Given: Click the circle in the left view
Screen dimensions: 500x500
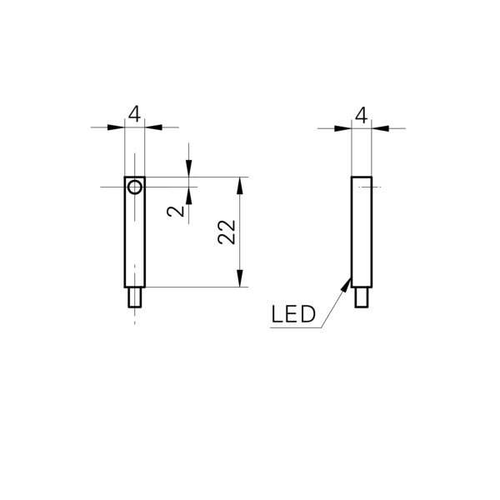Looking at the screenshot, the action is (x=129, y=187).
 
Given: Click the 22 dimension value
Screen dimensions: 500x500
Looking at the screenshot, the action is (x=227, y=232).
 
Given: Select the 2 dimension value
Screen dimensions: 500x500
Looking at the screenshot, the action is (x=176, y=211).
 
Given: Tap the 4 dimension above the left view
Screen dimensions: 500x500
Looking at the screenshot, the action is (x=134, y=114).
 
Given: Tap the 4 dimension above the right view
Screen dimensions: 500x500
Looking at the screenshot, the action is (x=362, y=116).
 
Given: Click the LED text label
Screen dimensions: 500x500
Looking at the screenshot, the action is (x=293, y=314).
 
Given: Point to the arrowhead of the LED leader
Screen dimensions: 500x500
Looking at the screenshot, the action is (x=347, y=284).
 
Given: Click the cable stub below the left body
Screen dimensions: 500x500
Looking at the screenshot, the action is (x=135, y=297).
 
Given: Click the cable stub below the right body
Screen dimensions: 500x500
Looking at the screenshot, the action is (x=362, y=297).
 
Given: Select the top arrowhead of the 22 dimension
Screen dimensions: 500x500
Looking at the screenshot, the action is (x=240, y=186).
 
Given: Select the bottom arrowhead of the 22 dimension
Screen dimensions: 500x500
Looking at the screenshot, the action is (x=240, y=278).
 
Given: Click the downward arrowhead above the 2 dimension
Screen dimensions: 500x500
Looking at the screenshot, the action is (x=189, y=168).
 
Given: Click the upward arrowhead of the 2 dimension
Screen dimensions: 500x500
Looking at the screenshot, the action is (x=189, y=196).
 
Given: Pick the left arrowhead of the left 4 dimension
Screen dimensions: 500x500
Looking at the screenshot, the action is (x=116, y=127).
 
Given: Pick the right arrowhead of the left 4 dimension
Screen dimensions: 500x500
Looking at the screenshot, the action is (x=153, y=127).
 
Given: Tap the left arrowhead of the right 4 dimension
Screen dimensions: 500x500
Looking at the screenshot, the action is (x=342, y=128).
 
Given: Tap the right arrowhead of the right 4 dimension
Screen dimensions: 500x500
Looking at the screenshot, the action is (x=381, y=128).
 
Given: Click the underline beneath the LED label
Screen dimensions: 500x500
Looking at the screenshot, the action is (x=296, y=327).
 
